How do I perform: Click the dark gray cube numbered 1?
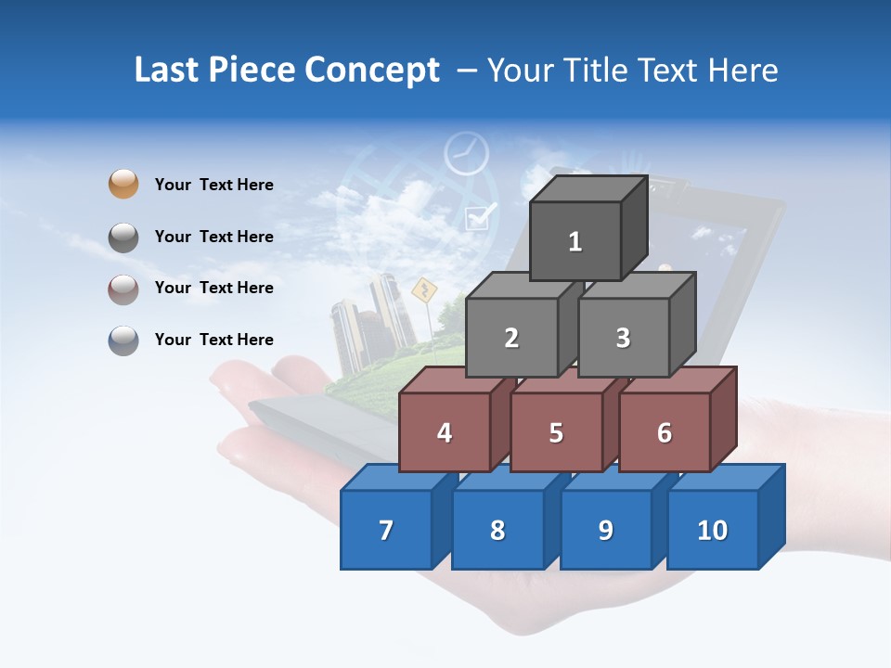(575, 241)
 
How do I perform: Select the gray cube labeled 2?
(511, 338)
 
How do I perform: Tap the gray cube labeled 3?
(623, 338)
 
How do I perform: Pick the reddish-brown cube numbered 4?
(445, 432)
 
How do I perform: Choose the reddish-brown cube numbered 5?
(556, 432)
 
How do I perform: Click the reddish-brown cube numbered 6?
(665, 432)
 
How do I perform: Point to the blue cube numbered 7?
(386, 530)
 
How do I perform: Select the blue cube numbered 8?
(497, 530)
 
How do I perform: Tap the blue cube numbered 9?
(605, 530)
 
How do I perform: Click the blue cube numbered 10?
(712, 530)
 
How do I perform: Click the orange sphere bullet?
(123, 185)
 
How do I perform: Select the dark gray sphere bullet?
(123, 238)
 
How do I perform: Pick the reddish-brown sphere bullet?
(123, 289)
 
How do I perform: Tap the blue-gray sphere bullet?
(123, 340)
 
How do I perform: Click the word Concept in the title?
(371, 71)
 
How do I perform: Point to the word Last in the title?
(168, 71)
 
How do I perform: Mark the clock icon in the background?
(466, 153)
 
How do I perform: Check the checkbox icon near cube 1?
(479, 217)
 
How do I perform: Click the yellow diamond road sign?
(423, 291)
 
